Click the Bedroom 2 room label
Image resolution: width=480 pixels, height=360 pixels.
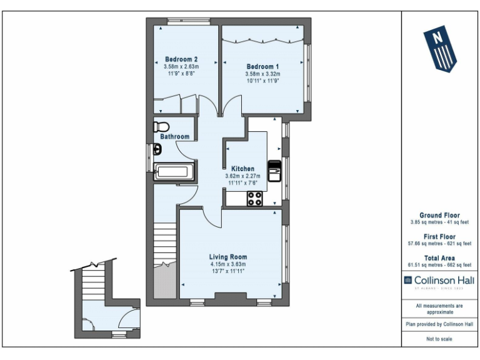coord(181,59)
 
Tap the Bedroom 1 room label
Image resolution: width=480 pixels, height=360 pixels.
coord(262,66)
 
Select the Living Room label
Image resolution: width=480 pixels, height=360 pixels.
coord(227,257)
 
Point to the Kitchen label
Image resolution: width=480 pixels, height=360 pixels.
coord(242,169)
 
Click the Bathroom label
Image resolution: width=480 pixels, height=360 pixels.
coord(174,136)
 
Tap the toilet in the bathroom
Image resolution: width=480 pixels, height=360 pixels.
coord(160,126)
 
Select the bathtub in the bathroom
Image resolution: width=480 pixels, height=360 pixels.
coord(175,172)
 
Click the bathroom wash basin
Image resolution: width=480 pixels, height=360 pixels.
coord(157,149)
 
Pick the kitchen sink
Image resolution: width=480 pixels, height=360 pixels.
coord(274,170)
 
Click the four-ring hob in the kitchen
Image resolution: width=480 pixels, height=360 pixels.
coord(255,199)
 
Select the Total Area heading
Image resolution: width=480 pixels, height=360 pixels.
coord(439,257)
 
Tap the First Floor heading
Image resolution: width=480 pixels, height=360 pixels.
coord(439,237)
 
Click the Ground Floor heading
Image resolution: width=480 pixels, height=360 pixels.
coord(439,215)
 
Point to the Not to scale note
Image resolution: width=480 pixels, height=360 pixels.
coord(439,339)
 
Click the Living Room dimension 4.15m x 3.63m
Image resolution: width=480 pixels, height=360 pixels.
coord(227,264)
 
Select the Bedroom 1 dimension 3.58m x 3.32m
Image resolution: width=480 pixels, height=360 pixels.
coord(262,74)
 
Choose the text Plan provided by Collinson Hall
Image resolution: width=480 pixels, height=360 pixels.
coord(439,324)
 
